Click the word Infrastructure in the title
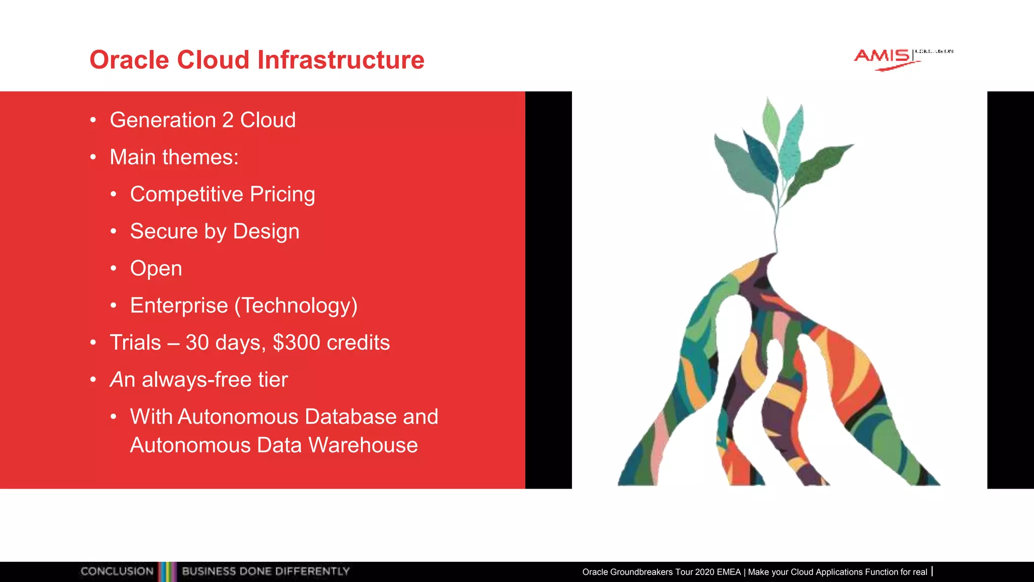[x=341, y=60]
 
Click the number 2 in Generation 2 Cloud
[x=228, y=121]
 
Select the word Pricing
[x=282, y=195]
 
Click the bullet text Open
[x=156, y=269]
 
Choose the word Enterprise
[x=179, y=306]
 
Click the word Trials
[x=135, y=343]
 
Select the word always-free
[x=196, y=380]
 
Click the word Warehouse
[x=363, y=445]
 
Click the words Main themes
[x=174, y=157]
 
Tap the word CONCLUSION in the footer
[x=117, y=571]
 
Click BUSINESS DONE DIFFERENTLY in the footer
[x=266, y=571]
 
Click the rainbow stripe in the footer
[x=168, y=571]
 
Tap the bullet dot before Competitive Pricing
[x=114, y=195]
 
